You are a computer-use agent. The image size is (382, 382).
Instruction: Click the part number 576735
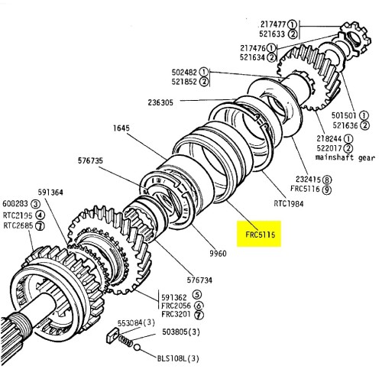coord(91,160)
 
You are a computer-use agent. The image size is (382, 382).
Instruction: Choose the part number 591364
coord(50,193)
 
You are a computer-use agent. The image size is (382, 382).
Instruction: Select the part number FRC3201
coord(175,315)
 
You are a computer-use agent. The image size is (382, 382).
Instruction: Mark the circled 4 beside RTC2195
coord(38,215)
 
